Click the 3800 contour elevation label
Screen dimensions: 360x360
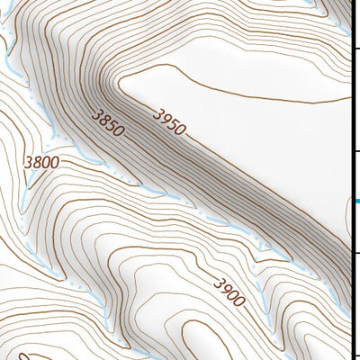[x=42, y=163]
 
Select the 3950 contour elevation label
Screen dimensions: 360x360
[x=169, y=121]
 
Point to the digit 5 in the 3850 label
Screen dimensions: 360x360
[x=112, y=128]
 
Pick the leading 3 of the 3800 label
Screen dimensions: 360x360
[x=30, y=163]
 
